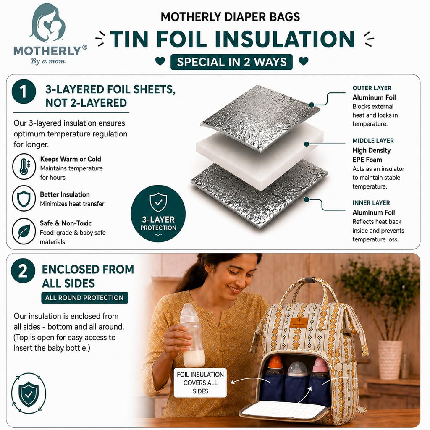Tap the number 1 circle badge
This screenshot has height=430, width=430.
click(x=24, y=92)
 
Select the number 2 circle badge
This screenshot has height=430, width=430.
click(x=23, y=271)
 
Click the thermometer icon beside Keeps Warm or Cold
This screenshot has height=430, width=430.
click(x=24, y=167)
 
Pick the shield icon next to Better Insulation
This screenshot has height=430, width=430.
click(x=24, y=198)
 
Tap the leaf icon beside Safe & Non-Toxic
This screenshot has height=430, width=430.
click(x=24, y=231)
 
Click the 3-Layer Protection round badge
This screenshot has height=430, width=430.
click(x=158, y=214)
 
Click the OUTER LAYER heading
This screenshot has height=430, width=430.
click(x=372, y=88)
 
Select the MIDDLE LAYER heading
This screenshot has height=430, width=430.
click(x=373, y=141)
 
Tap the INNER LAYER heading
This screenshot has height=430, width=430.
click(x=371, y=203)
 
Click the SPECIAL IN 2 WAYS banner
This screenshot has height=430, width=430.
click(x=231, y=62)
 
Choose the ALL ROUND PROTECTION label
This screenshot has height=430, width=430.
click(x=84, y=298)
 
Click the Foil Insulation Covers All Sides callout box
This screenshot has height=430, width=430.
click(x=200, y=383)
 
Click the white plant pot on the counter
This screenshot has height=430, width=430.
click(x=390, y=360)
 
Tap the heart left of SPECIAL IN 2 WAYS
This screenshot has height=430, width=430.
click(x=160, y=60)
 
